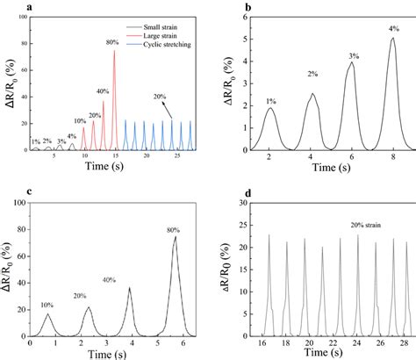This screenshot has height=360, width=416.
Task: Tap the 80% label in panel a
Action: click(x=112, y=42)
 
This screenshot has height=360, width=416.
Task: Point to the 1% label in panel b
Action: click(x=270, y=100)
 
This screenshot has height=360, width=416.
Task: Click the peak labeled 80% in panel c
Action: click(x=176, y=237)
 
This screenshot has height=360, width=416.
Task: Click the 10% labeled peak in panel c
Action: click(x=48, y=314)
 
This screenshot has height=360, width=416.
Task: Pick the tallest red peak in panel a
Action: click(x=114, y=51)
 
